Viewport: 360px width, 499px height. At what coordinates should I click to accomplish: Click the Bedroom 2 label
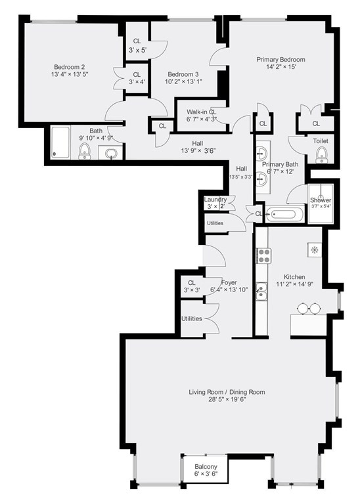pos(70,67)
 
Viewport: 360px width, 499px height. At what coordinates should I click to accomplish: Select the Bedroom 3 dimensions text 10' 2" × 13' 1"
pos(179,82)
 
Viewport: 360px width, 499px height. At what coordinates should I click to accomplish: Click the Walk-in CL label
pos(201,112)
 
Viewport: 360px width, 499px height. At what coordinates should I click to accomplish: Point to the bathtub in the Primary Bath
pos(286,214)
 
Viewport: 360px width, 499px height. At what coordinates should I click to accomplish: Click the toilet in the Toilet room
pos(321,154)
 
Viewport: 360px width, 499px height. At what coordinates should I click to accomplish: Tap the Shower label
pos(321,200)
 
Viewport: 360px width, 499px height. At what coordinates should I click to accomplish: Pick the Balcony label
pos(205,464)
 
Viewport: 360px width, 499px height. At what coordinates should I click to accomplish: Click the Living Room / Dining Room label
pos(227,392)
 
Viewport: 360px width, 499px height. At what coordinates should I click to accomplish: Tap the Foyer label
pos(229,282)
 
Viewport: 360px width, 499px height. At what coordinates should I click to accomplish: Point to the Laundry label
pos(215,200)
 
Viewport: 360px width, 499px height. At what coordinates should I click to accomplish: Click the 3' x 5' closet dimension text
pos(137,50)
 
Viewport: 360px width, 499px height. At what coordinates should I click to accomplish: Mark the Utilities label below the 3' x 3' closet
pos(192,318)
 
